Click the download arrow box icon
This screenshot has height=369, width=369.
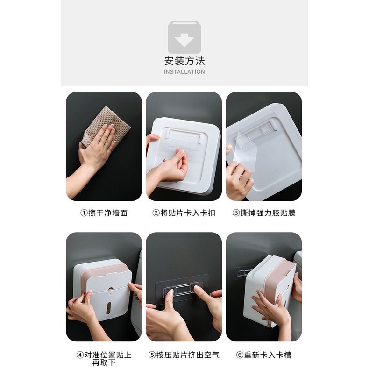coord(184,37)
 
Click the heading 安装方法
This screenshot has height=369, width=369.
coord(184,61)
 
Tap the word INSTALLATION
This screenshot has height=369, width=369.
coord(184,72)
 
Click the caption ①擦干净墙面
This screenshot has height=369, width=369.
coord(104,213)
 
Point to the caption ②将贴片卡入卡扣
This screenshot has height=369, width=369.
coord(184,213)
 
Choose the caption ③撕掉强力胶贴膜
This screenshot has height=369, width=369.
coord(264,213)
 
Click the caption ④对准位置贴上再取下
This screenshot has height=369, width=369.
coord(104,358)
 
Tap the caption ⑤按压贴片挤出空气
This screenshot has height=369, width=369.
coord(184,355)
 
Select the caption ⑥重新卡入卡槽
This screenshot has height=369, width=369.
coord(264,355)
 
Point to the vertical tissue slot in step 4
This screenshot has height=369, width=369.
coord(108,308)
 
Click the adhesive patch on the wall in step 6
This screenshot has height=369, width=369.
coord(242,273)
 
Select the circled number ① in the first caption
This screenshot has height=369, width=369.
coord(84,213)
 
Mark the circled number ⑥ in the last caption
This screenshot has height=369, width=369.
coord(240,355)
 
